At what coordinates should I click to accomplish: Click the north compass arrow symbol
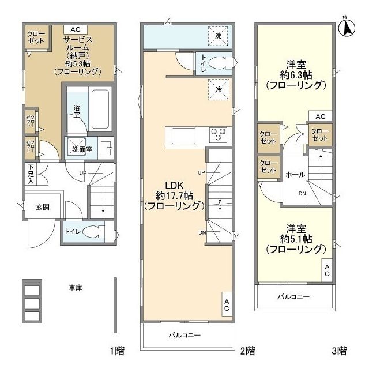tap(347, 27)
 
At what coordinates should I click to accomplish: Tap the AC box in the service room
tap(76, 29)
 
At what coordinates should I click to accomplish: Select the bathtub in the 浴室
tap(100, 109)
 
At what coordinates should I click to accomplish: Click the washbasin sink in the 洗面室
tap(106, 148)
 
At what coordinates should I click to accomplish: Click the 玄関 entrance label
tap(43, 207)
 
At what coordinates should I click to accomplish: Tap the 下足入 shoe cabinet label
tap(31, 174)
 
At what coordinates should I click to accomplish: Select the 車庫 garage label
tap(76, 288)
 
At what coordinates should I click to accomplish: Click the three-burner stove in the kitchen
tap(218, 135)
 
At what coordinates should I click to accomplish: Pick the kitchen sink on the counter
tap(183, 136)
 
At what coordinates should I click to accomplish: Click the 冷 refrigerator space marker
tap(219, 89)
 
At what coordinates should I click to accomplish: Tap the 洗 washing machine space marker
tap(218, 36)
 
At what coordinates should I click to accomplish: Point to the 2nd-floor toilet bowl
tap(219, 63)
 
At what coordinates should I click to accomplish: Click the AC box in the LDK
tap(227, 304)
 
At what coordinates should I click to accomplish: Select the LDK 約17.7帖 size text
tap(174, 195)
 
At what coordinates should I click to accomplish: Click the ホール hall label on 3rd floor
tap(295, 175)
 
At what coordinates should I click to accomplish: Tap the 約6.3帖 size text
tap(296, 75)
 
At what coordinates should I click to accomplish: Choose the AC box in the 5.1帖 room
tap(327, 270)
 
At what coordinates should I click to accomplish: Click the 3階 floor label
tap(339, 351)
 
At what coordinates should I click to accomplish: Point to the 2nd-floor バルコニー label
tap(184, 335)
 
